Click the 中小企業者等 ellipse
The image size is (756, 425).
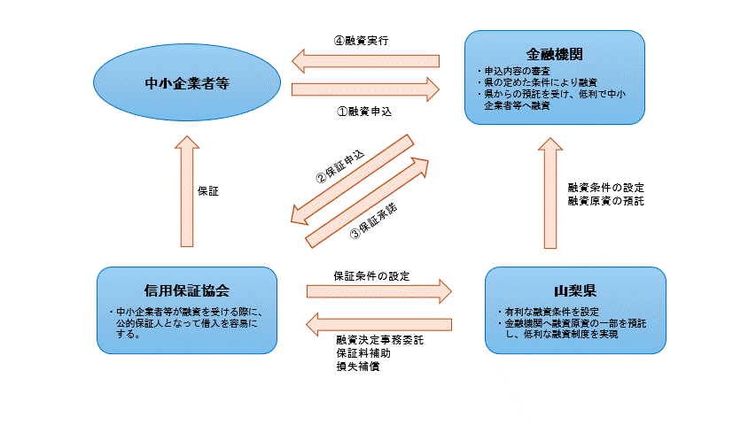tap(187, 84)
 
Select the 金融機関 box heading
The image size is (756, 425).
tap(554, 52)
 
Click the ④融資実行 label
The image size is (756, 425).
tap(361, 41)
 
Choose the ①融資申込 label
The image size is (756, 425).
tap(363, 112)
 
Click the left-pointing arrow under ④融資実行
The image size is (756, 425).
tap(365, 61)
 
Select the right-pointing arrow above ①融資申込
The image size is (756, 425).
tap(365, 89)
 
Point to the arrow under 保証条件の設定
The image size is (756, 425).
tap(378, 291)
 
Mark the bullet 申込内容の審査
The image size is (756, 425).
tap(515, 71)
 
